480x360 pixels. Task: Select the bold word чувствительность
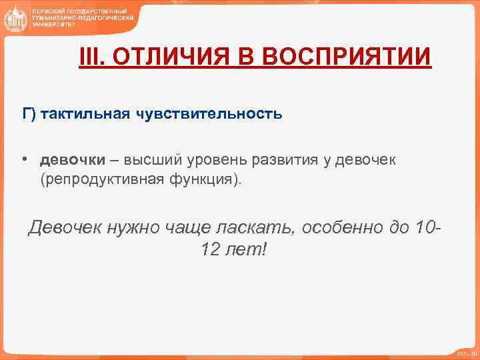coord(209,114)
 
